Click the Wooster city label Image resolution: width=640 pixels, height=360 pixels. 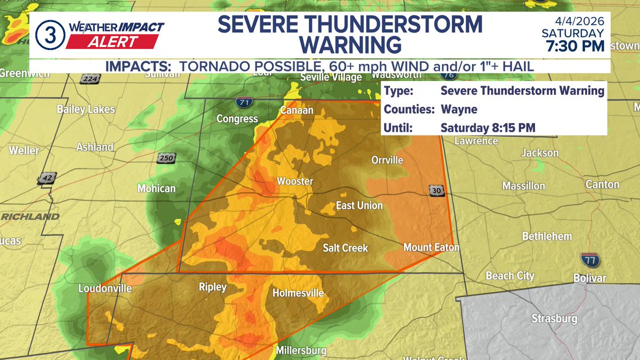pos(294,181)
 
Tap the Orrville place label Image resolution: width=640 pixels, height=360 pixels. pos(387,160)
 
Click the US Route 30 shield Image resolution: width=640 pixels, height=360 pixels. pos(436,191)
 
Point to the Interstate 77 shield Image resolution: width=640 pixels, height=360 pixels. pos(590,260)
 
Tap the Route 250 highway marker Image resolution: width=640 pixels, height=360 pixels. pos(166,158)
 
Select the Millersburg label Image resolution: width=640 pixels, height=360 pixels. pos(301,351)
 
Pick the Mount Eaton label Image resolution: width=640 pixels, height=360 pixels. pos(431,247)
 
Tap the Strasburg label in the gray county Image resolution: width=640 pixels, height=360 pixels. pos(554,318)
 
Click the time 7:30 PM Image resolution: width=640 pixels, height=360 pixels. pos(575,46)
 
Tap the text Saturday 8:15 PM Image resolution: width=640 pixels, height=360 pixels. pos(488,128)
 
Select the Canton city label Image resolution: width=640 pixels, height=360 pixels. pos(602,185)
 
